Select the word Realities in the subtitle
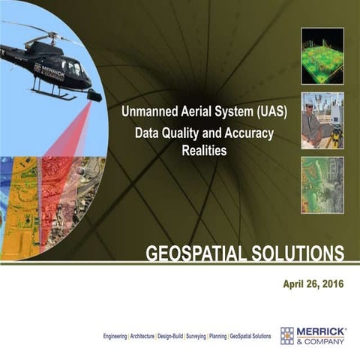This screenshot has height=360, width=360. (204, 150)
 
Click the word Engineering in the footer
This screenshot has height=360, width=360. (116, 337)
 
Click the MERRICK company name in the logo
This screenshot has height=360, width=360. (320, 331)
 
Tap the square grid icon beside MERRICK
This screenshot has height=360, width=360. (287, 335)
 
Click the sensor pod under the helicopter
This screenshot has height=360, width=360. (93, 95)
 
